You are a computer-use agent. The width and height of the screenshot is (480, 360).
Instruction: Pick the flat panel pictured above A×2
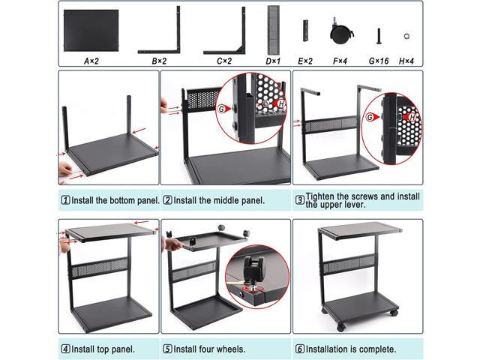pyautogui.click(x=91, y=30)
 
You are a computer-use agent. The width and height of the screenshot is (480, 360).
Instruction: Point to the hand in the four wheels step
pyautogui.click(x=172, y=244)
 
